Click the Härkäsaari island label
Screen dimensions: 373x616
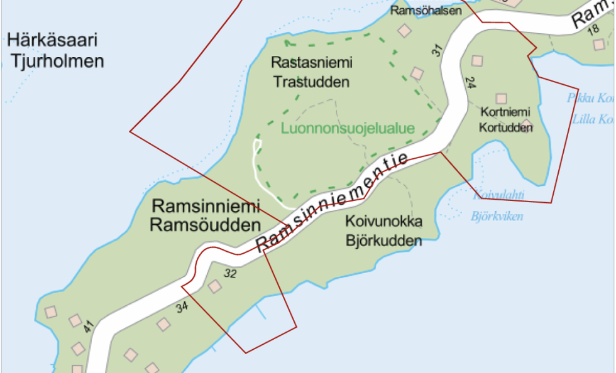tap(53, 41)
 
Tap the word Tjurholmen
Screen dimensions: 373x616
tap(55, 62)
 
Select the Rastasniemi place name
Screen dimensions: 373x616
tap(312, 63)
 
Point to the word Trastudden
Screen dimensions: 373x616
tap(311, 82)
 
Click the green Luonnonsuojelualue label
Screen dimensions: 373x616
tap(348, 129)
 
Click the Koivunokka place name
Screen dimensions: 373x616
tap(384, 222)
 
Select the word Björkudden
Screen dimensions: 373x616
tap(384, 241)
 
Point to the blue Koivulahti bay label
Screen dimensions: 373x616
tap(498, 195)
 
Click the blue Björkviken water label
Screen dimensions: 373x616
tap(497, 217)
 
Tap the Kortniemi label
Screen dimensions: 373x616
tap(506, 113)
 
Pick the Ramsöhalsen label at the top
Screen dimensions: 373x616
tap(421, 11)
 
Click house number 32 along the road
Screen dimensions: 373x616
tap(230, 274)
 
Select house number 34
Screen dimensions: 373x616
tap(182, 307)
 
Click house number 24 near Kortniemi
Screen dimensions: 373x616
tap(469, 82)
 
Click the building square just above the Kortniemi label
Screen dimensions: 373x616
tap(501, 99)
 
